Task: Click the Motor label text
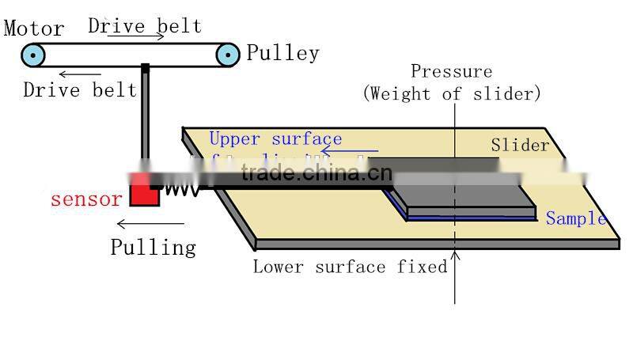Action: tap(34, 29)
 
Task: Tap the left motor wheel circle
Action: tap(33, 55)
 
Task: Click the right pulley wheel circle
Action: tap(228, 55)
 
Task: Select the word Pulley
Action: tap(282, 54)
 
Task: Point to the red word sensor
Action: tap(86, 199)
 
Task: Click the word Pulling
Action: tap(153, 247)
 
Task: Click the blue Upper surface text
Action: tap(275, 139)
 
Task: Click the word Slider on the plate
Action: tap(520, 145)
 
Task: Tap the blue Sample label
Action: tap(575, 219)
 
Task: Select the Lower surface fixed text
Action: tap(350, 267)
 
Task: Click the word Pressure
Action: tap(451, 72)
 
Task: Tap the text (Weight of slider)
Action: tap(452, 93)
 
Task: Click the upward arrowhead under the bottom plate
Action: tap(455, 256)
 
